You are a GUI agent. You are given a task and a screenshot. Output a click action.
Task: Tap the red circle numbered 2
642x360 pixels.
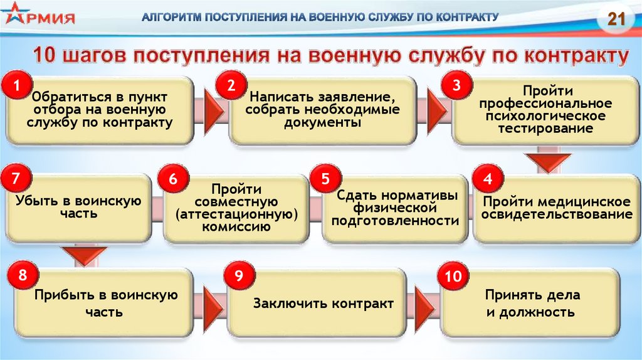pos(231,85)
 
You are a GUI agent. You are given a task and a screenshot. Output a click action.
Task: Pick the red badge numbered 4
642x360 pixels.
pos(487,179)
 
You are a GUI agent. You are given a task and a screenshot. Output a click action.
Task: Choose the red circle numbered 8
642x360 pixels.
pos(23,275)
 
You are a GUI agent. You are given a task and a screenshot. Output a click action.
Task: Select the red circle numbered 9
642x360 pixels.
pos(238,275)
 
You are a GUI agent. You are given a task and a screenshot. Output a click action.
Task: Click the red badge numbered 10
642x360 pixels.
pos(453,275)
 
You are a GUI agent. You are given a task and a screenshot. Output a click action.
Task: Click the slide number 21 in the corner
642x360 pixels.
pos(617,18)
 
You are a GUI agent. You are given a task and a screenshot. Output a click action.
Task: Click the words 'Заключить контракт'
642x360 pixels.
pos(324,304)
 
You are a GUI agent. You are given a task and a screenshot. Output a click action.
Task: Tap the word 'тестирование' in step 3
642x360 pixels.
pos(545,129)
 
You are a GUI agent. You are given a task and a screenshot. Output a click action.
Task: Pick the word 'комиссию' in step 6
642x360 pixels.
pos(236,226)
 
